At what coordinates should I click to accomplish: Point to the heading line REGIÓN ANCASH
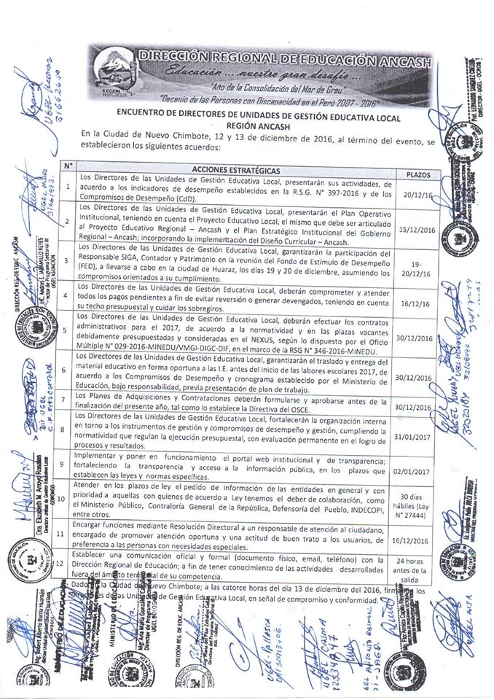pyautogui.click(x=246, y=125)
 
